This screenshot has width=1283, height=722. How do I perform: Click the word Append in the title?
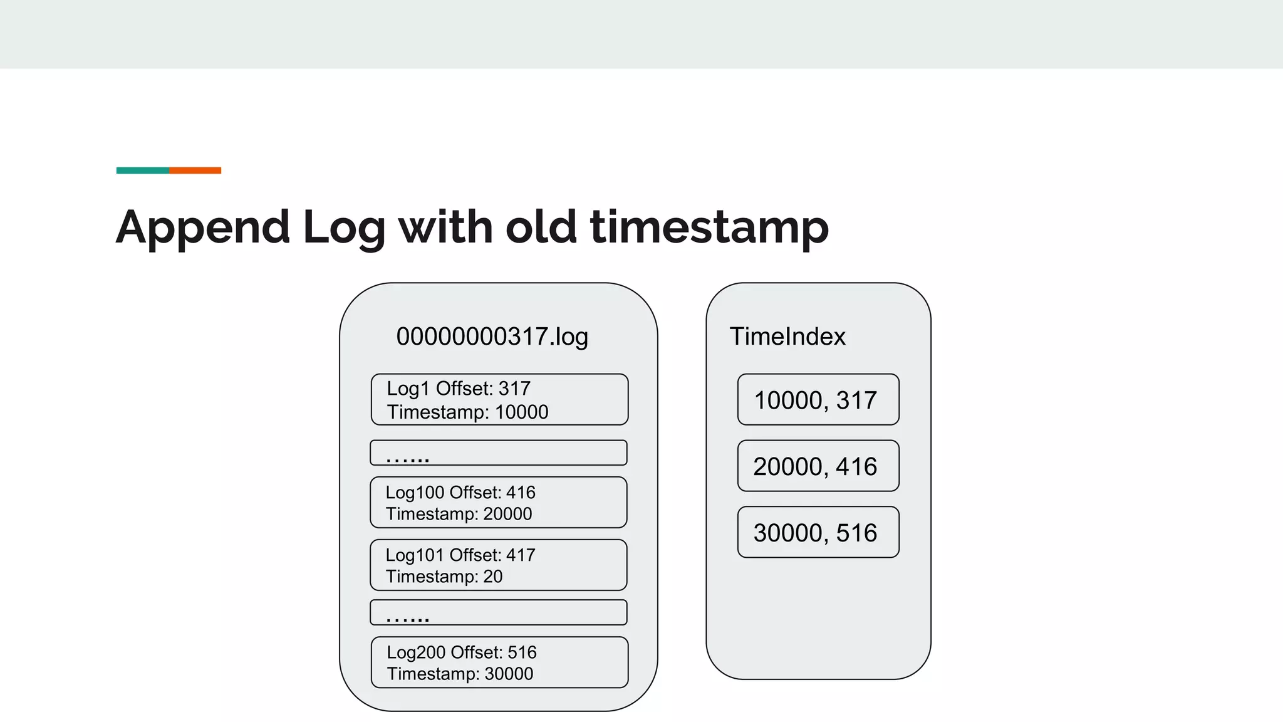[x=202, y=228]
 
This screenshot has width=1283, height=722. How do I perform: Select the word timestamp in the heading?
[x=709, y=228]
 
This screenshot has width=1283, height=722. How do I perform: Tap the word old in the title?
[x=541, y=226]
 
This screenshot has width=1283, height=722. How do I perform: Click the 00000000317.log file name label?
[x=492, y=337]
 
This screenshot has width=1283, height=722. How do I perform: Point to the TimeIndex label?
[x=787, y=337]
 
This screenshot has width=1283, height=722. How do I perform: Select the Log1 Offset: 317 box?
[x=499, y=399]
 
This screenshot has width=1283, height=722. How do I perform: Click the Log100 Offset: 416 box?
[x=498, y=502]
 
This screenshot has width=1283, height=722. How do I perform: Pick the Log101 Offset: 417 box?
[x=498, y=565]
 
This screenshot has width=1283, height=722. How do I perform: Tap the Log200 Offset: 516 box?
[x=499, y=662]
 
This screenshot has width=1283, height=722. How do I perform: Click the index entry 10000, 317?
[x=818, y=400]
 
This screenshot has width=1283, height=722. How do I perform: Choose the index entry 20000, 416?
[x=818, y=466]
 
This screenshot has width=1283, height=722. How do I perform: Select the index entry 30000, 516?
[x=818, y=532]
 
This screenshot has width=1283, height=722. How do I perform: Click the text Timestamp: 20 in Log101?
[x=444, y=577]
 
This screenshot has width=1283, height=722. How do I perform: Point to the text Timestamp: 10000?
[x=467, y=412]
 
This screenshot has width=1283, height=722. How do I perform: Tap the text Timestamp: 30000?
[x=460, y=674]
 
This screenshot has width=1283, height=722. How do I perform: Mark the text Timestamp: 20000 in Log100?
[x=459, y=514]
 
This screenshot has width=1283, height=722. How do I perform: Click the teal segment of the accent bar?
[x=142, y=170]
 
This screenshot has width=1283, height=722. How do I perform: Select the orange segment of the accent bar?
[x=195, y=170]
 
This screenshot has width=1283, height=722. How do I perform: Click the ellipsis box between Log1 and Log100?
[x=498, y=453]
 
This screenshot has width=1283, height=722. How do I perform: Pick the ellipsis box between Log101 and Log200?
[x=498, y=612]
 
